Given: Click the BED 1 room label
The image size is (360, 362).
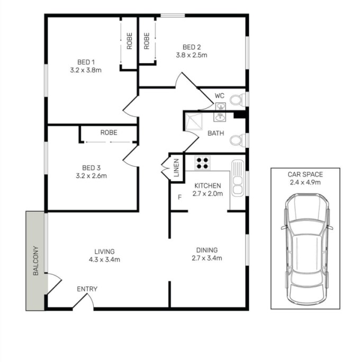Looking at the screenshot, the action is tap(86, 62).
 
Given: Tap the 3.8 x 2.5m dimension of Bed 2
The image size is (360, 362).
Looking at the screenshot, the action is tap(192, 55).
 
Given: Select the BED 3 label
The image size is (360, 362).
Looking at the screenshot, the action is tap(92, 168).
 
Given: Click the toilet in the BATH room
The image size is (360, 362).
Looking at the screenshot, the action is tap(238, 140).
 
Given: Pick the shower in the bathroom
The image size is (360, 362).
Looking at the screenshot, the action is tap(194, 121).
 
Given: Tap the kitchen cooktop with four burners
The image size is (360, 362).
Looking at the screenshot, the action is tap(202, 163).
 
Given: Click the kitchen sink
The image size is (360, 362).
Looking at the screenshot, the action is tap(238, 178).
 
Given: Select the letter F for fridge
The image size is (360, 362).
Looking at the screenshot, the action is tap(180, 197).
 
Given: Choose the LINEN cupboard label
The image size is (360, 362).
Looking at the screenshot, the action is tap(176, 168).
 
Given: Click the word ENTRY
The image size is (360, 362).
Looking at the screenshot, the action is tap(87, 289).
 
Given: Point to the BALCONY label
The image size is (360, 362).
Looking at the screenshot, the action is tap(36, 261).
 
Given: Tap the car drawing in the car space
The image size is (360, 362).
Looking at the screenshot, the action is tap(307, 249).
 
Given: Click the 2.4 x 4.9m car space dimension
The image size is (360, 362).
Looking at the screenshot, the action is tap(305, 182).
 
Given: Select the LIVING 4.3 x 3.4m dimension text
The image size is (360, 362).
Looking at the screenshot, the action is tap(104, 260).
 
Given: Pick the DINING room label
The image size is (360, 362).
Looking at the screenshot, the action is tap(207, 250).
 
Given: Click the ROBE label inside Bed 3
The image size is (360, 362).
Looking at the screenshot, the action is tap(109, 133).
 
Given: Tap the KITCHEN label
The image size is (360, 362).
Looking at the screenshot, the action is tap(208, 186).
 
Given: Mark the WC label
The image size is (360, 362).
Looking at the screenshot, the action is tap(219, 95).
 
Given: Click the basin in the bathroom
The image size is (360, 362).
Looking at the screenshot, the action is tap(219, 117).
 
